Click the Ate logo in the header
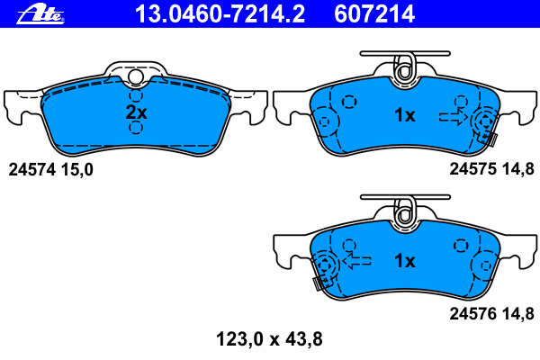[x=40, y=13]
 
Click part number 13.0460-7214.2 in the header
[x=220, y=13]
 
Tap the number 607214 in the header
[x=374, y=13]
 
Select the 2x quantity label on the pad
[x=137, y=112]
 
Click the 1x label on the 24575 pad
[x=405, y=114]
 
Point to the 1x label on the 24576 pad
[x=405, y=261]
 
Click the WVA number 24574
[x=31, y=170]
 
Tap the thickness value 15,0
[x=77, y=170]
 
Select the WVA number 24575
[x=472, y=169]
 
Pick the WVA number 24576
[x=472, y=313]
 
